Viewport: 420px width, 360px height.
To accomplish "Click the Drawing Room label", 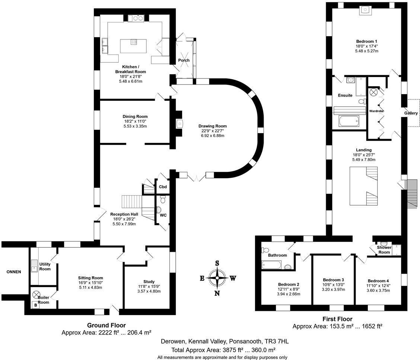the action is click(212, 126).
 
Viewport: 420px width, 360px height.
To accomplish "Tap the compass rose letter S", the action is click(217, 263).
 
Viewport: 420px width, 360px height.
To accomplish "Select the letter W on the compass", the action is click(233, 279).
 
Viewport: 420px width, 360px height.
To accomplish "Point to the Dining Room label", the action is click(135, 116).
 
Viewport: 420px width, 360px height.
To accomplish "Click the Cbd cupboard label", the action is click(163, 187).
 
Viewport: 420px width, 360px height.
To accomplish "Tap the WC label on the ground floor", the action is click(163, 215).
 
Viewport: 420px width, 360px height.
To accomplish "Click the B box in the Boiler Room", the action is click(35, 305).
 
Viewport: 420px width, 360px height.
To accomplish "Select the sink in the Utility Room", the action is click(34, 266).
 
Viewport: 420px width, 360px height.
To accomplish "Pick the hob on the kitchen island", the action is click(133, 42).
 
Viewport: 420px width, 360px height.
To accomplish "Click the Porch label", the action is click(184, 60).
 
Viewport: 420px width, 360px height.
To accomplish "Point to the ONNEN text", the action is click(14, 272).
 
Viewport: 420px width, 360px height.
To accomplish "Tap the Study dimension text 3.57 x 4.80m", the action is click(149, 291).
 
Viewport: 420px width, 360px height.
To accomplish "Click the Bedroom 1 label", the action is click(367, 41).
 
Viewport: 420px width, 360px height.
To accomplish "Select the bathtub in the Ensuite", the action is click(349, 121).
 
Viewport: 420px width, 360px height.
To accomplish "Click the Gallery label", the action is click(411, 113).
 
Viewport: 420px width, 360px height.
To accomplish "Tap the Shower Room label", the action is click(384, 250).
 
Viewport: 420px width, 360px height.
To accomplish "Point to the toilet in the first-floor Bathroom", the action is click(265, 250).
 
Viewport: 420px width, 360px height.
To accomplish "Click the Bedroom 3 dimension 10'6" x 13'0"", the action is click(334, 285).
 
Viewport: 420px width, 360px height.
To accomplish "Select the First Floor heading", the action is click(337, 319).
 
